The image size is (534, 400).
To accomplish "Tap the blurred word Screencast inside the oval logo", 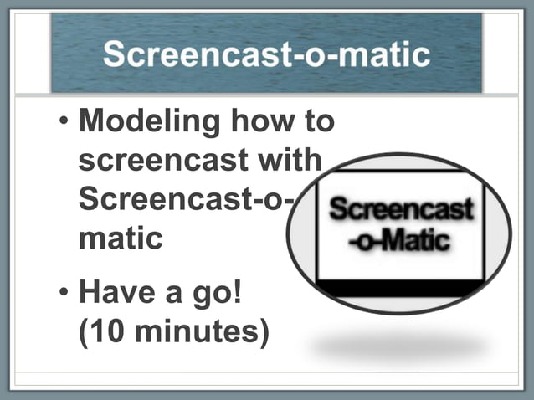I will [x=401, y=209].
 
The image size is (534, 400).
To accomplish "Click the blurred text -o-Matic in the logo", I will [x=401, y=241].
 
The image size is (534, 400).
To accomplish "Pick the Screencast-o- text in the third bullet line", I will [x=189, y=199].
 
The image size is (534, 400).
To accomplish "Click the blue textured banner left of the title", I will [x=75, y=55].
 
